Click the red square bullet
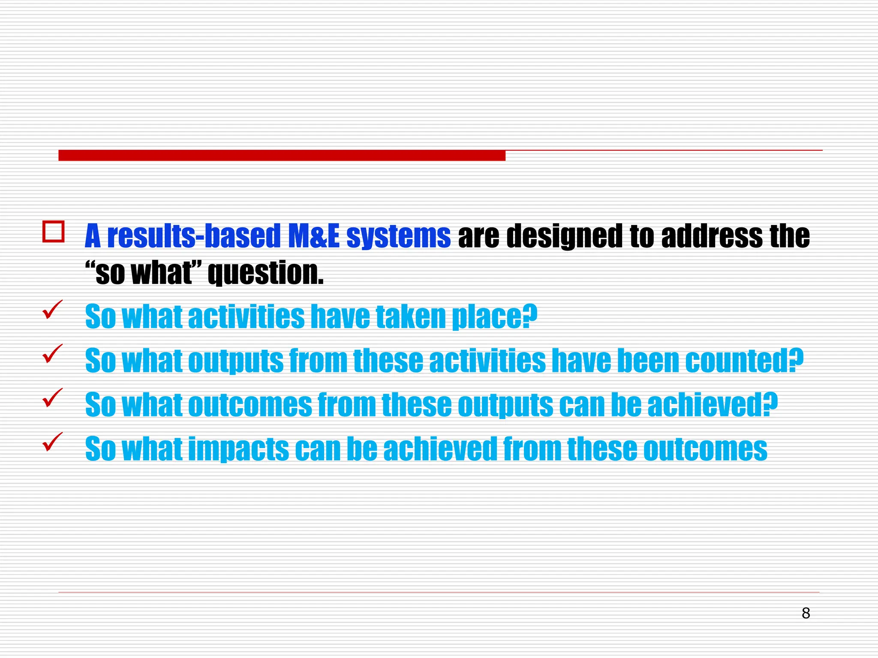tap(54, 232)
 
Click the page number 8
tap(806, 613)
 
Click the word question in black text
tap(265, 273)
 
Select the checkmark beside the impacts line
tap(53, 442)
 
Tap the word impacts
tap(238, 449)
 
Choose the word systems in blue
tap(398, 236)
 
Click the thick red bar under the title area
tap(282, 156)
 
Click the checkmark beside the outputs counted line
tap(53, 353)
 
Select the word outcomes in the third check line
tap(250, 405)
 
